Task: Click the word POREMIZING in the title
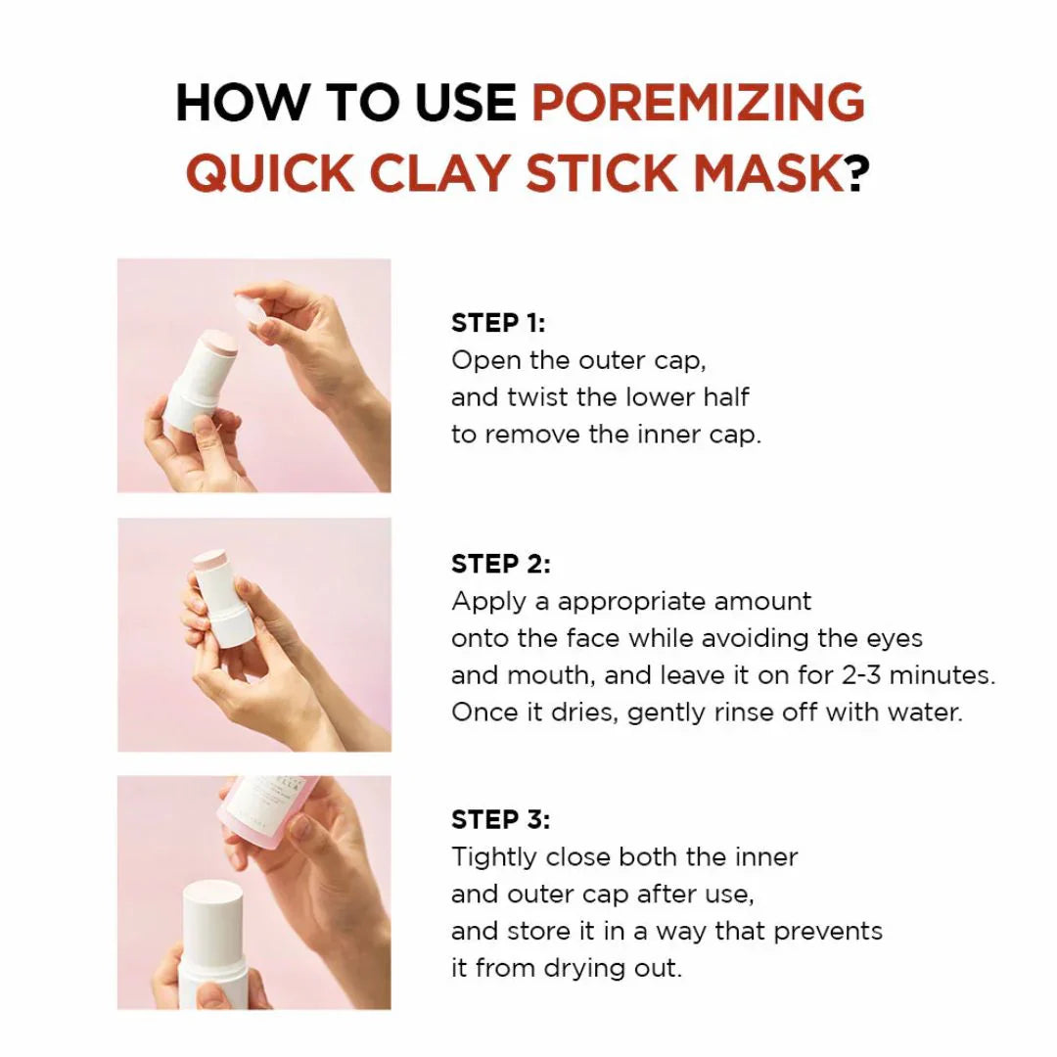point(698,102)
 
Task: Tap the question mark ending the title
point(857,173)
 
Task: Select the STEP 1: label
point(498,323)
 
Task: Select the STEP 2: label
point(500,564)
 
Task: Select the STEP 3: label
point(500,819)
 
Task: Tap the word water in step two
point(924,712)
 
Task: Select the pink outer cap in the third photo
point(264,812)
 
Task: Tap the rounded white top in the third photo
point(212,905)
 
